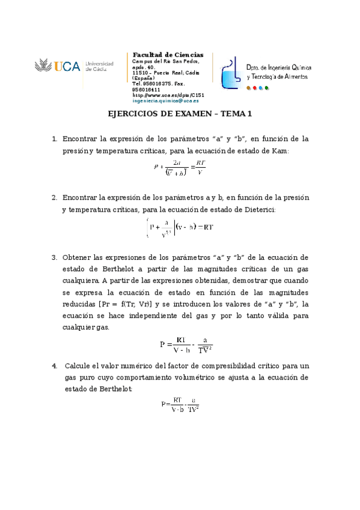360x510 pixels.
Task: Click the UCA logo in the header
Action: [57, 66]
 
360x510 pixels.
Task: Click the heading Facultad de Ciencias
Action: [168, 55]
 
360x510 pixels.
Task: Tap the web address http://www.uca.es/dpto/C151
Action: [168, 95]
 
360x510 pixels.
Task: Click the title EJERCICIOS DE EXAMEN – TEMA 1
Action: [180, 114]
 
